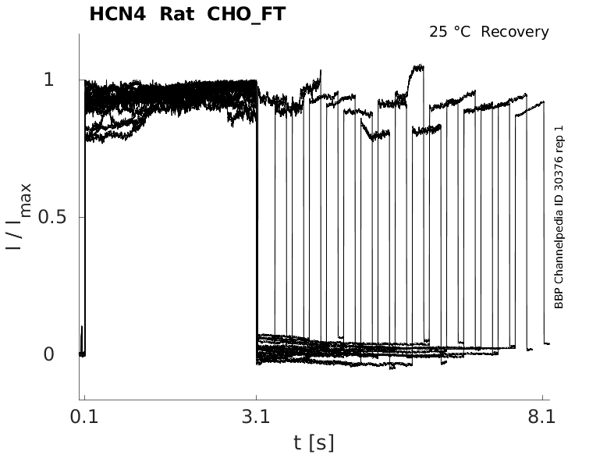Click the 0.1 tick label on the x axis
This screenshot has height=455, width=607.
pyautogui.click(x=83, y=417)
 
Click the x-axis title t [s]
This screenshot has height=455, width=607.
pyautogui.click(x=314, y=443)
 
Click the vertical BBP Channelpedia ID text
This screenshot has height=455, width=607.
pyautogui.click(x=559, y=258)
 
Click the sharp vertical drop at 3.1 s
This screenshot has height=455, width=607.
pyautogui.click(x=257, y=219)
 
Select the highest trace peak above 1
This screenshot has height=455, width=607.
pyautogui.click(x=419, y=67)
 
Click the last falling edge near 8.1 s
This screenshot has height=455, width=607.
pyautogui.click(x=544, y=226)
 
